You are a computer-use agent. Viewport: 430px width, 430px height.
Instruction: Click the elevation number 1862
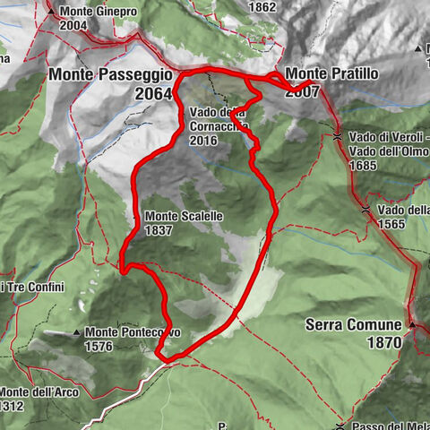click(263, 7)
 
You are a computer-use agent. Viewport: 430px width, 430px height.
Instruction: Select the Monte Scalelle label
click(183, 216)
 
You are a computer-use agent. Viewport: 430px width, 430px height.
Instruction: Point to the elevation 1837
click(159, 229)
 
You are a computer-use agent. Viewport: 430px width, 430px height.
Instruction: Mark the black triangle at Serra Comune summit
click(414, 323)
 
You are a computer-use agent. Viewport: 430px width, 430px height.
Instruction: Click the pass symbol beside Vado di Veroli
click(337, 137)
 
